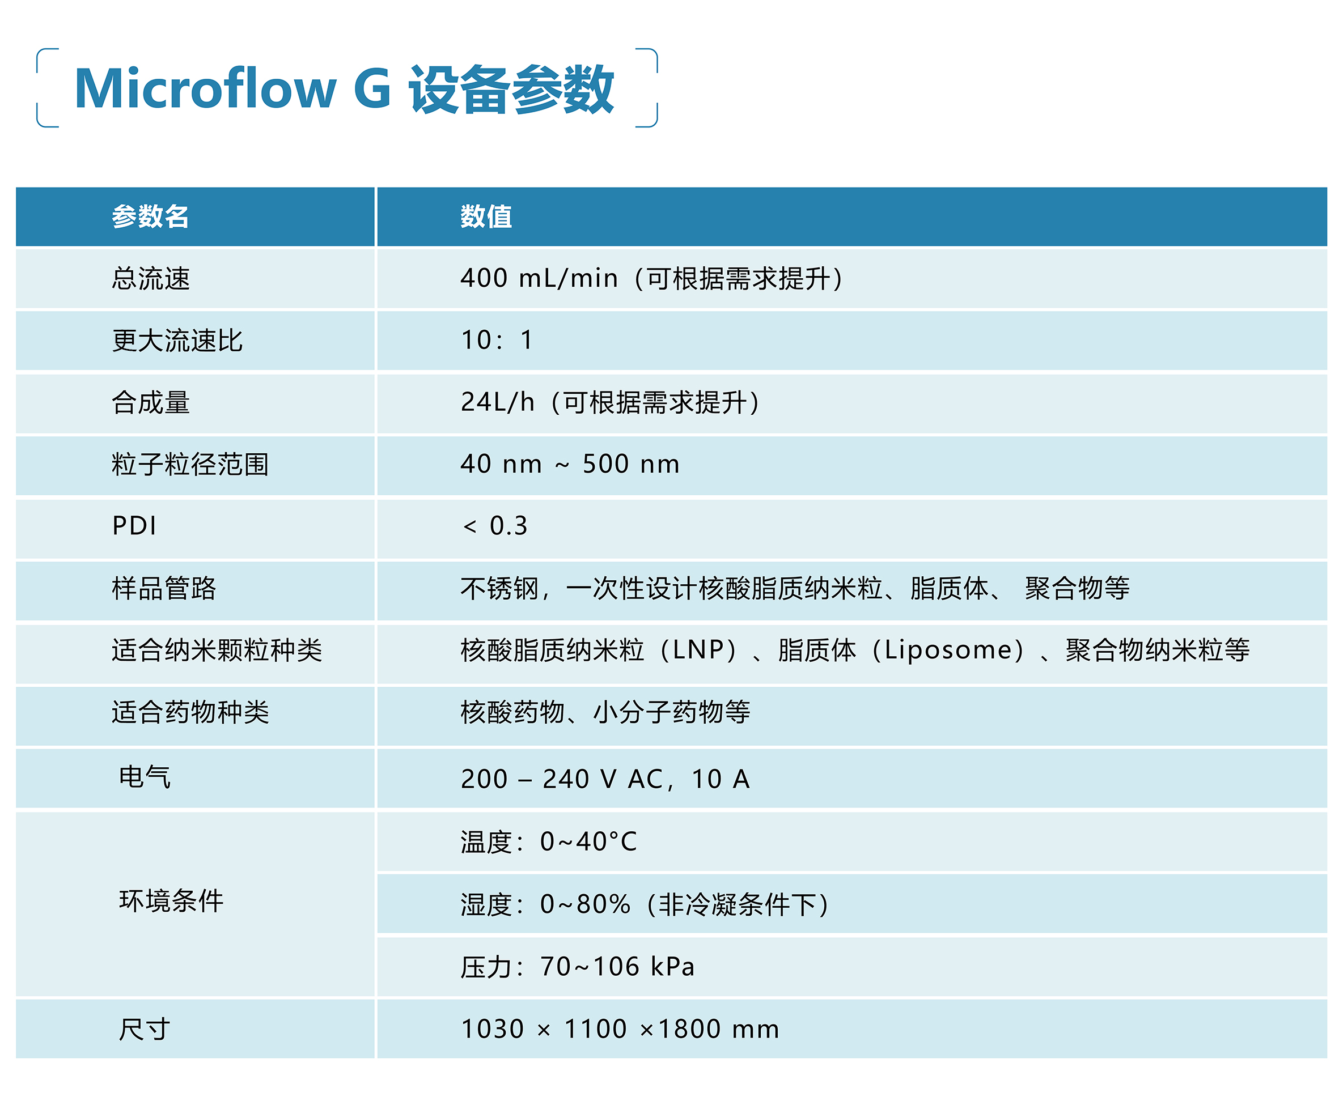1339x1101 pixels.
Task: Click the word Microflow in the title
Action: [x=206, y=89]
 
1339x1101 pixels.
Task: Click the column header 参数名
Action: [x=150, y=216]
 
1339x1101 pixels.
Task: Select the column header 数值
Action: [x=486, y=216]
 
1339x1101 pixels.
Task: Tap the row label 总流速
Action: [x=151, y=278]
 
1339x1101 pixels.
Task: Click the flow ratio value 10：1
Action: [x=497, y=340]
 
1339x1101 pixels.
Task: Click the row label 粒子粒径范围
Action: [x=190, y=464]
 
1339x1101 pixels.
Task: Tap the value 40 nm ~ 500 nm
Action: [x=570, y=464]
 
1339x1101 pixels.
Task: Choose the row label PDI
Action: [x=134, y=526]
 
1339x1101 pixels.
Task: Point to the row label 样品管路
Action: [x=164, y=588]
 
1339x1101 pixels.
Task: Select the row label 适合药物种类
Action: [x=190, y=712]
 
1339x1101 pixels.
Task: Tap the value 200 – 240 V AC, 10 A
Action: [x=605, y=779]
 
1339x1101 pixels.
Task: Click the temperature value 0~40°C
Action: [x=588, y=841]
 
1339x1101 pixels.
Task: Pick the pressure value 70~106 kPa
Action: [x=617, y=967]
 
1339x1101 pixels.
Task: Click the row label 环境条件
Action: [x=171, y=900]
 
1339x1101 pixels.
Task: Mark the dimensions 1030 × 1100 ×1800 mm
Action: [x=620, y=1028]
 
